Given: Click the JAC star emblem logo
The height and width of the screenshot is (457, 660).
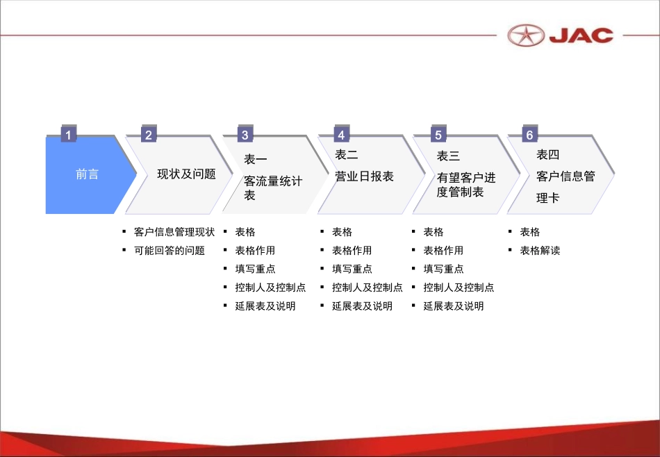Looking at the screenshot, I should tap(526, 34).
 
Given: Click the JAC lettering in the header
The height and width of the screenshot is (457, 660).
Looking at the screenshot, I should tap(581, 35).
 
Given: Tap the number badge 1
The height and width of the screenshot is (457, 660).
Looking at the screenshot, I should tap(68, 134).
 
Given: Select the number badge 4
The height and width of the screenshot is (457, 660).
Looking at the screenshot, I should tap(340, 135).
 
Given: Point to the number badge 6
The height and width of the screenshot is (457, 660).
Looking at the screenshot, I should tap(529, 135).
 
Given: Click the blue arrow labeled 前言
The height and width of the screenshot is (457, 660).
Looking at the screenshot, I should tap(88, 174).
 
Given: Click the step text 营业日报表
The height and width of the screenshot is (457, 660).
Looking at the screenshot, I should tap(364, 176).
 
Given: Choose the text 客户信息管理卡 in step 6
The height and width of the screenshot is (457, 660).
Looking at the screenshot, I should tap(565, 187).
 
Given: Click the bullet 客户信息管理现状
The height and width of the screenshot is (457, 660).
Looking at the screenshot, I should tap(174, 232).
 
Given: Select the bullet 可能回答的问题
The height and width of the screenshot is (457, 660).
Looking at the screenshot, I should tap(169, 250).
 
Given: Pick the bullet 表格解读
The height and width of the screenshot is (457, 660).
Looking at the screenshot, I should tap(540, 250).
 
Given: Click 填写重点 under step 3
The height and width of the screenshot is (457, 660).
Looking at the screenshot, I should tap(255, 269).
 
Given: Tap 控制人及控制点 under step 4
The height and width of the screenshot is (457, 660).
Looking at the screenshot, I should tap(367, 287).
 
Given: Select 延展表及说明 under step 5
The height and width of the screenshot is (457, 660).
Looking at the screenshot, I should tap(453, 306).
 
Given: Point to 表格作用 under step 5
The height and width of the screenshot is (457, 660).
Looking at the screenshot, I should tap(443, 250).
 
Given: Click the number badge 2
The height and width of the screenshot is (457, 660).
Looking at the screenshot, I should tap(148, 135).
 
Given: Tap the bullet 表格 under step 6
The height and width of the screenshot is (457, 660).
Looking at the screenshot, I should tap(529, 232).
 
